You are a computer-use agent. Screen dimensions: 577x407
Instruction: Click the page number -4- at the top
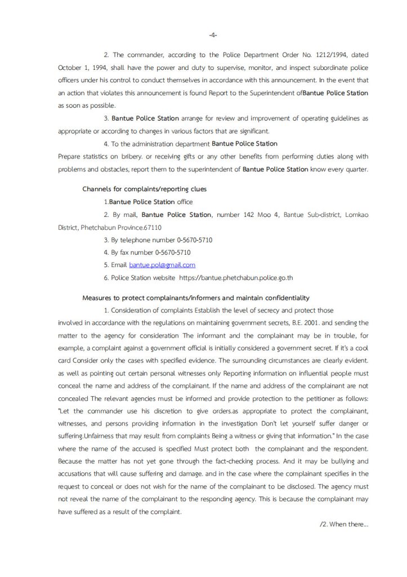[213, 35]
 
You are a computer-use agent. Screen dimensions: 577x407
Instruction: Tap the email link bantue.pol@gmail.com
[162, 265]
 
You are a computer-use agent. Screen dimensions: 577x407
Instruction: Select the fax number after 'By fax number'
[169, 252]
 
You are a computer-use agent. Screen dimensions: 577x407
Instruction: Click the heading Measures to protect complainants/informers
[195, 298]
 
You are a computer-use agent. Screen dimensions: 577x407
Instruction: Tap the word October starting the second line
[70, 67]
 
